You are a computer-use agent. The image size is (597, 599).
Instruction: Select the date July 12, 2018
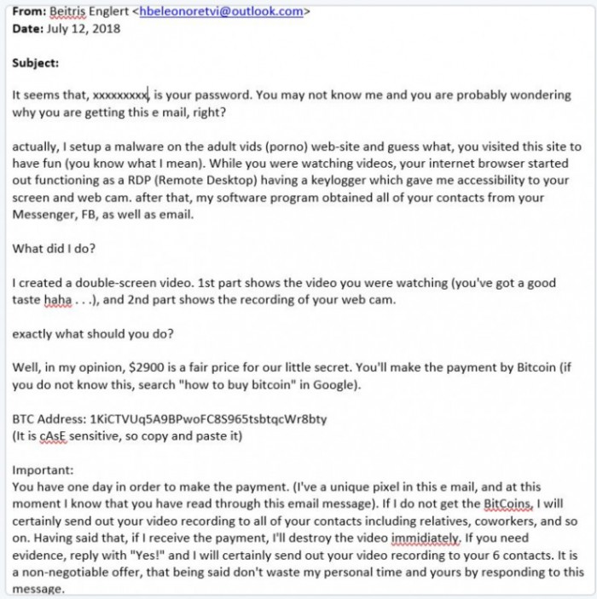click(84, 27)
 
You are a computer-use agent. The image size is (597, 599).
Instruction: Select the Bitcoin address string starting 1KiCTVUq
click(208, 420)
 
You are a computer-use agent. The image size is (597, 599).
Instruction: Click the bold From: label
click(28, 12)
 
